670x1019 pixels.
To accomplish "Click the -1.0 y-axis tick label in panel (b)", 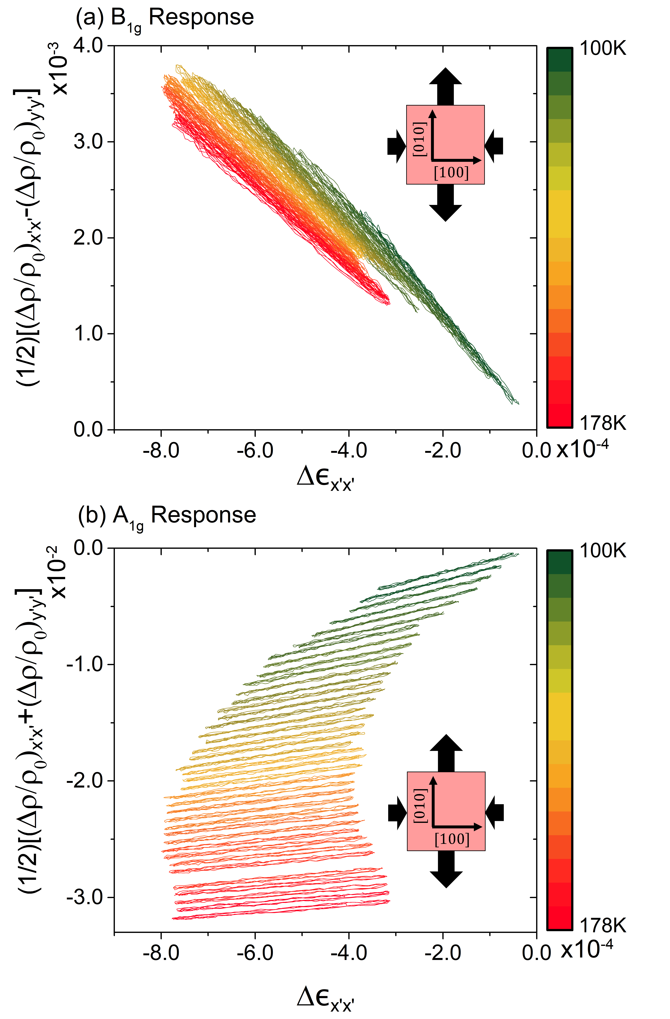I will pyautogui.click(x=85, y=665).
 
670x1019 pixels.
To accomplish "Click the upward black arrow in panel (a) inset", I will pyautogui.click(x=445, y=86).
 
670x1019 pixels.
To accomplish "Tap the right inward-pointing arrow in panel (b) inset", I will pyautogui.click(x=495, y=812).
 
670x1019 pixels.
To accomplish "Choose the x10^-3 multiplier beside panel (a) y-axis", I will pyautogui.click(x=60, y=69).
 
